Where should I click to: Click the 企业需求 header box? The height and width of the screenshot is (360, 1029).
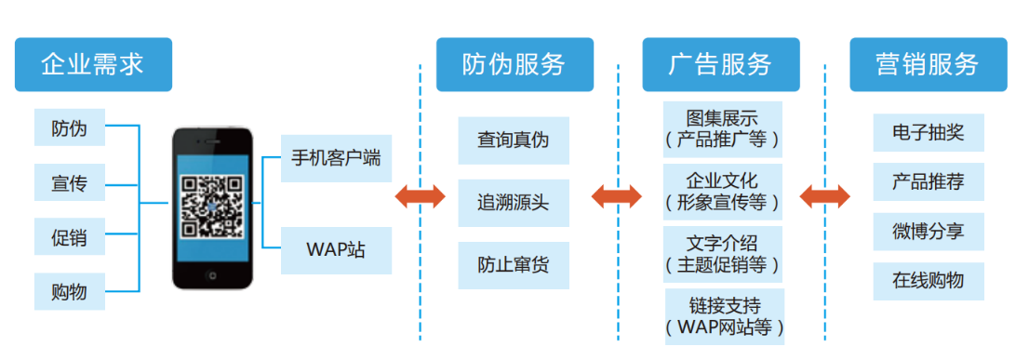coord(93,64)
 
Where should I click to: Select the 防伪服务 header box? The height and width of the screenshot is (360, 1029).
coord(514,64)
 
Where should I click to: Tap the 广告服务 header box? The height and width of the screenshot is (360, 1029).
coord(720,64)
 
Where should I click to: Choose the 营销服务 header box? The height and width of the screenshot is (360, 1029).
coord(928,64)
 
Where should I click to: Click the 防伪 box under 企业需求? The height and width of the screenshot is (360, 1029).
coord(70,128)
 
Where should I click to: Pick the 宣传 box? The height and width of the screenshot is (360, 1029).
coord(70,183)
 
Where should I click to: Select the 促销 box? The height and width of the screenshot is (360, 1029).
coord(70,237)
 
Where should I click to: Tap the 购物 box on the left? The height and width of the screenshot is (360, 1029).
coord(70,292)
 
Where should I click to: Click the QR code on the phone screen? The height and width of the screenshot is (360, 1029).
coord(213,203)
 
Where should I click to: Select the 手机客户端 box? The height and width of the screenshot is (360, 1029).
coord(336,157)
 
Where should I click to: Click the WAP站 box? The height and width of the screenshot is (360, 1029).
coord(336,250)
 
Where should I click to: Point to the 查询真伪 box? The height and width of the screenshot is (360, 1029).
coord(514,140)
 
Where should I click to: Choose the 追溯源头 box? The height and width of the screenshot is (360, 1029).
coord(514,203)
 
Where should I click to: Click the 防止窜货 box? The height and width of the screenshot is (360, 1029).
coord(514,265)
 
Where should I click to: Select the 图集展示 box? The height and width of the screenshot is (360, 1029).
coord(723,129)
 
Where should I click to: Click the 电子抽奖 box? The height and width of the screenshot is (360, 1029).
coord(928,133)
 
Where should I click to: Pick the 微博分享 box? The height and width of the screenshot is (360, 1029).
coord(928,232)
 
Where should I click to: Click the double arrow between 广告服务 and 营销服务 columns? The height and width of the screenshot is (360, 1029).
coord(824,196)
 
